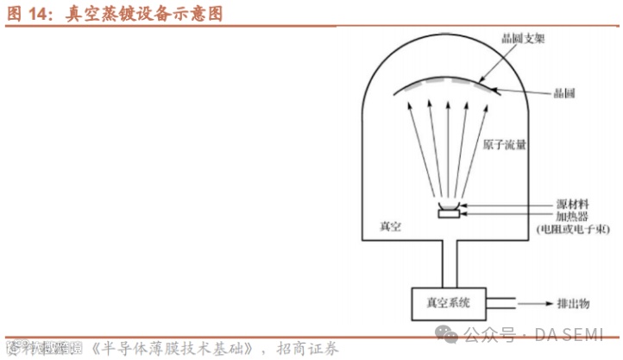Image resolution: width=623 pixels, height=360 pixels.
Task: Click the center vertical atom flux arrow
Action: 449,147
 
